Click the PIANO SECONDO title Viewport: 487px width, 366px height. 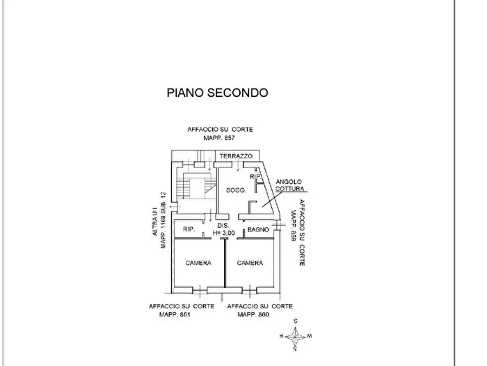tap(217, 93)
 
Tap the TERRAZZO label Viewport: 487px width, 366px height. tap(236, 156)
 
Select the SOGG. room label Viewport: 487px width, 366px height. tap(236, 190)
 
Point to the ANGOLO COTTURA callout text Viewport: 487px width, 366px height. tap(289, 185)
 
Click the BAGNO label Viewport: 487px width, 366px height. tap(258, 229)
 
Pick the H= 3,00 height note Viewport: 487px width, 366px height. tap(223, 233)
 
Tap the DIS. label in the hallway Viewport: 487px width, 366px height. tap(223, 226)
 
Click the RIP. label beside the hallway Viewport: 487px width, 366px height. tap(189, 229)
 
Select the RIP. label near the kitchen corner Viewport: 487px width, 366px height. tap(255, 176)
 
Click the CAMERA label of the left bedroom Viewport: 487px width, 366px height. tap(198, 263)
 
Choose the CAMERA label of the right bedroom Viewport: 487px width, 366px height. tap(250, 263)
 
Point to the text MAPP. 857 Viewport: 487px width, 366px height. tap(219, 138)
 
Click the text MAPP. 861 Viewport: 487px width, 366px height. tap(175, 314)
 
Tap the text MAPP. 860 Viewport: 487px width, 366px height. tap(253, 314)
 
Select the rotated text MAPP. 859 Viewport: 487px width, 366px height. tap(294, 226)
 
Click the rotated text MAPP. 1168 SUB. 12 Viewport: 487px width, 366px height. tap(163, 220)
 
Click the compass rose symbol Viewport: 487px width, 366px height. tap(295, 336)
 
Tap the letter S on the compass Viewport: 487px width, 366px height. tap(296, 321)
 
